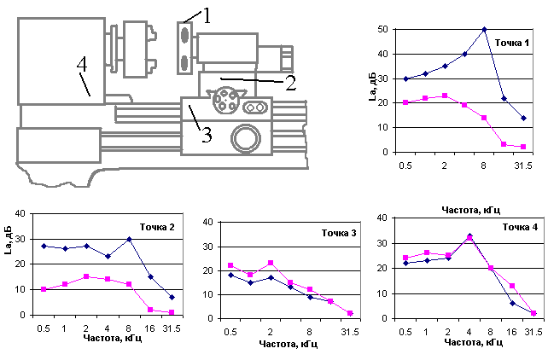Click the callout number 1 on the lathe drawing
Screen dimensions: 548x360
207,15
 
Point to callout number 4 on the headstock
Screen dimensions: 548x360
82,64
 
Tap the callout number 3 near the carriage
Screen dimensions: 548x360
207,135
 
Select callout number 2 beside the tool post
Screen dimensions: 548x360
291,83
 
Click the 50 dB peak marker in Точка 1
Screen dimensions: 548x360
484,30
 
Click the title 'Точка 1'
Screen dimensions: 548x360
512,43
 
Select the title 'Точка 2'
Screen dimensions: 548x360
157,227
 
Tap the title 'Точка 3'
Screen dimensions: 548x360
339,233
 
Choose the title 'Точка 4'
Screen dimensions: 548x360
520,227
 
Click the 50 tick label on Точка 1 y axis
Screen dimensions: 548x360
382,29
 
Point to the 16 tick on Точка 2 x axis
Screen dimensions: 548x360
149,328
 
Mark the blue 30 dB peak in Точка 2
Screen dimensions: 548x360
129,239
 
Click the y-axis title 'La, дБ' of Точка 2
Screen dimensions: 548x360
9,240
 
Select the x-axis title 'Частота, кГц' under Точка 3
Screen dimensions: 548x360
289,345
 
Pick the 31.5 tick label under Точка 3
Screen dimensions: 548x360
350,332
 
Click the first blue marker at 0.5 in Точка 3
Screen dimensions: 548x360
230,276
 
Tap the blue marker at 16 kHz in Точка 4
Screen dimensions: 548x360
512,303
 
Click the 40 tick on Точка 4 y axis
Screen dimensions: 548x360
382,218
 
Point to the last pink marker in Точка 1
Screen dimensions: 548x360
523,147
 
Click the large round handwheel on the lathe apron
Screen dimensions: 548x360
246,138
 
